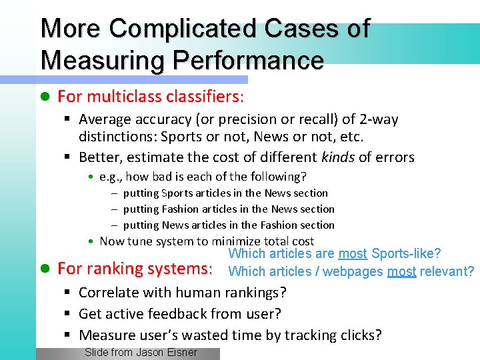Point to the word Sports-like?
(406, 254)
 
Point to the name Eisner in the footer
(182, 353)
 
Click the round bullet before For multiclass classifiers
(45, 97)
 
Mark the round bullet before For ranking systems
(45, 269)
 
